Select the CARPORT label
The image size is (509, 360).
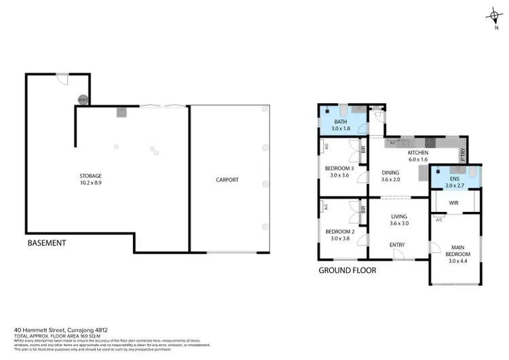(227, 180)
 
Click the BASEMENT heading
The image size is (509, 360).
(47, 242)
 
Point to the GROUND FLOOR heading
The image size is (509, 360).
(347, 270)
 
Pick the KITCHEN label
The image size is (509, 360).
(417, 154)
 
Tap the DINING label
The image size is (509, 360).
(390, 173)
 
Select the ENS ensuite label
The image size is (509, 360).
(455, 178)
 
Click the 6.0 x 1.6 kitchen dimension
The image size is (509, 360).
(417, 161)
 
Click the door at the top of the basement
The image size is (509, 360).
(62, 79)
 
